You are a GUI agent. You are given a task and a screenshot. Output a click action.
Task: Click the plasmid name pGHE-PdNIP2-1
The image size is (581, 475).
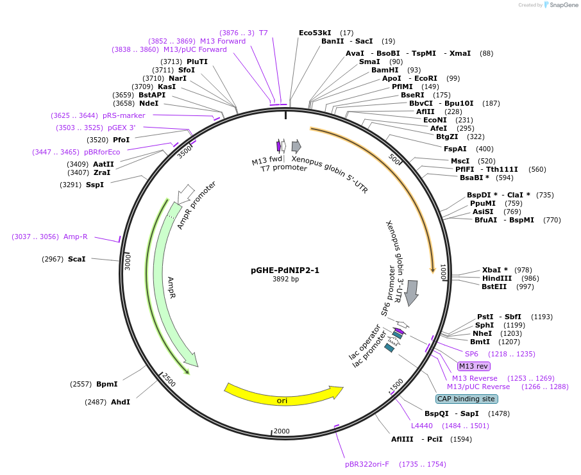tap(285, 270)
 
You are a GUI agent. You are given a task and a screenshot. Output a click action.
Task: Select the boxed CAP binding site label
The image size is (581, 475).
tap(466, 399)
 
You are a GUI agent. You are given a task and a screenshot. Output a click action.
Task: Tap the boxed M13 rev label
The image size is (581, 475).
tap(474, 366)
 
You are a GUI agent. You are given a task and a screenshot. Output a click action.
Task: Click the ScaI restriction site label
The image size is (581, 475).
tap(76, 259)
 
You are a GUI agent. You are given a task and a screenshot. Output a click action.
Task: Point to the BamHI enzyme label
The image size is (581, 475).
tap(385, 70)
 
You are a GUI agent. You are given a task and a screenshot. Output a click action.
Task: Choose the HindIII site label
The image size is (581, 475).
tap(497, 278)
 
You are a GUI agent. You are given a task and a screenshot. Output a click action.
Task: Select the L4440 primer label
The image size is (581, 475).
tap(422, 426)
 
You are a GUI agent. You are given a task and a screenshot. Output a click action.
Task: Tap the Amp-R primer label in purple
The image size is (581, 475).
tap(75, 237)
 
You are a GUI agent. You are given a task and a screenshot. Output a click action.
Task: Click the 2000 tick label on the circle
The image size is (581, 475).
tap(282, 431)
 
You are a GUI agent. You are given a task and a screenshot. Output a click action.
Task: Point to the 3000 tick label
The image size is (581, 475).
tap(128, 262)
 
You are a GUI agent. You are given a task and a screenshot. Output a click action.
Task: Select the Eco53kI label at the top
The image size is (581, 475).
tap(315, 33)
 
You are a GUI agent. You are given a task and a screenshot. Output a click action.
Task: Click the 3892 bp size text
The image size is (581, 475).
tap(285, 279)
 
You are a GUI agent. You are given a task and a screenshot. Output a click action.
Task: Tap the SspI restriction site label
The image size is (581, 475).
tap(94, 185)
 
